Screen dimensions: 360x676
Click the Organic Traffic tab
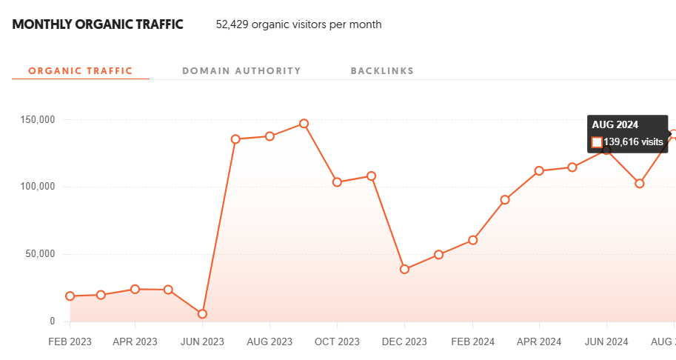(x=80, y=71)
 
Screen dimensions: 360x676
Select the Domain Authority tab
(x=241, y=71)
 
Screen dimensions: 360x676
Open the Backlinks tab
(x=382, y=71)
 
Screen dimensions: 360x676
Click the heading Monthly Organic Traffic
(x=98, y=24)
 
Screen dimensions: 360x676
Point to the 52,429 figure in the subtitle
(x=232, y=24)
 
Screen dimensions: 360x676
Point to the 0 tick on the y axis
(x=52, y=321)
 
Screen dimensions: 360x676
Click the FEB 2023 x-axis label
(x=70, y=342)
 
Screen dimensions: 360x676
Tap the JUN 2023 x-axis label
(x=202, y=342)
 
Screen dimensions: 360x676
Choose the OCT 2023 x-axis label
(x=337, y=342)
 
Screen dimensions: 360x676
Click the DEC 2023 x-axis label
(x=404, y=342)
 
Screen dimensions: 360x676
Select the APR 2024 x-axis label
(x=539, y=342)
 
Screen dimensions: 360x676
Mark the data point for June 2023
(x=202, y=314)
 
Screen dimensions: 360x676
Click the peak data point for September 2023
(x=304, y=124)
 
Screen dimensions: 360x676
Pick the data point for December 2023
(x=404, y=269)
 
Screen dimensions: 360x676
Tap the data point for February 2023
(x=70, y=296)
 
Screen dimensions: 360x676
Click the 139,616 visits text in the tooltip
(x=634, y=141)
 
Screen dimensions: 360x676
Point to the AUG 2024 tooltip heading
(x=615, y=124)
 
